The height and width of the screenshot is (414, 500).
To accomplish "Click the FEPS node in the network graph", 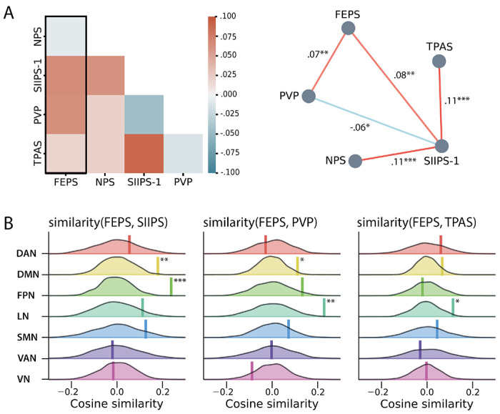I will click(349, 28).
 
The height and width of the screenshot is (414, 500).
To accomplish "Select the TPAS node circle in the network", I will click(439, 62).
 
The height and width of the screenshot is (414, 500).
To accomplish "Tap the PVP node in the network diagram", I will click(309, 96).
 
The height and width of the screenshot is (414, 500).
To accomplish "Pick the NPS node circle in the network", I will click(354, 161).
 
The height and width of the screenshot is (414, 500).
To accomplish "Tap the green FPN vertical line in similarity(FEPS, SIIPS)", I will click(171, 287).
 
